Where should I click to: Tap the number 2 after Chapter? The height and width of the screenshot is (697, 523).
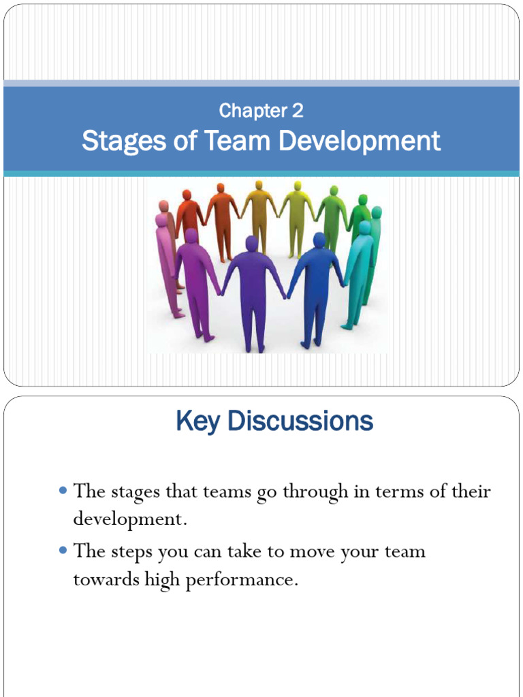point(298,110)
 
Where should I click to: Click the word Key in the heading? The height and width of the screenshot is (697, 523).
point(198,421)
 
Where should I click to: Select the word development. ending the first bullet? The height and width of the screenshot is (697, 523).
point(129,520)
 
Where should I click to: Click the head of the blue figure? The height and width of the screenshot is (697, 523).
point(319,240)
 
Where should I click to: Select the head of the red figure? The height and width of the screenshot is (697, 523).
point(187,195)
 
